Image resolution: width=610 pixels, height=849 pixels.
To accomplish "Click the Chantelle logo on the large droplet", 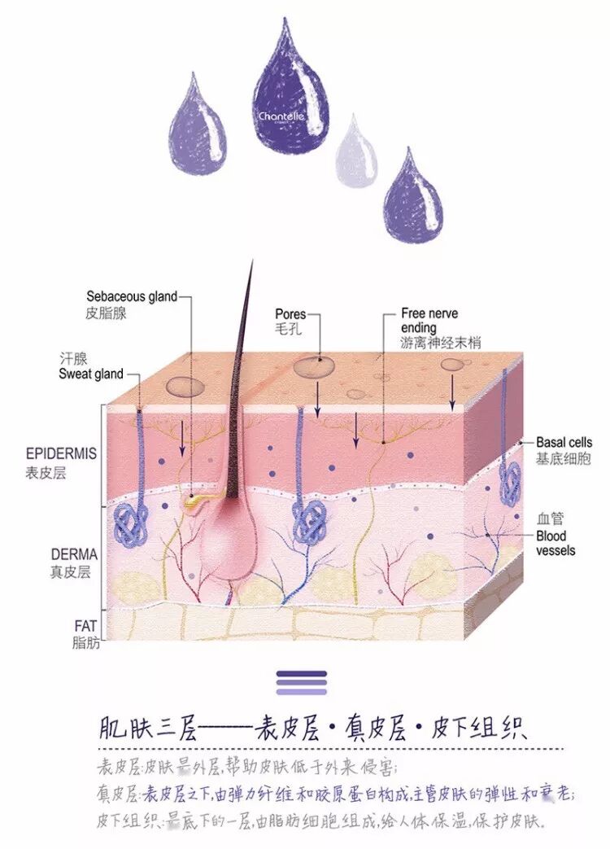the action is pos(281,116).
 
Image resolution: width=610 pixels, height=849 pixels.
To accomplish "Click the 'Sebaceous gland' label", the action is pos(131,296).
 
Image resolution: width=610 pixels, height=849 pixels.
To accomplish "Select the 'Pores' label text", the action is pos(290,313).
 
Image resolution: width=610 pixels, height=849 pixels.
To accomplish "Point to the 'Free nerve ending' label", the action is pos(429,321).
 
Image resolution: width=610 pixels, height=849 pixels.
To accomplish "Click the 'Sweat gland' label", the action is pos(91,374).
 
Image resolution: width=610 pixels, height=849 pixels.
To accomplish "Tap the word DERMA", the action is pos(72,554).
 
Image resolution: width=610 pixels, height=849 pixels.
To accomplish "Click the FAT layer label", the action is pos(85,627).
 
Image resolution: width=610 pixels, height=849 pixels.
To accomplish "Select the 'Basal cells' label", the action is pos(564,443).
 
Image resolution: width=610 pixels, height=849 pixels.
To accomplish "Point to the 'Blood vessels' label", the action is pos(556,544).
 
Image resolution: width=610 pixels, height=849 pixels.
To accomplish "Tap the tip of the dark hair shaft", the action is pos(251,262).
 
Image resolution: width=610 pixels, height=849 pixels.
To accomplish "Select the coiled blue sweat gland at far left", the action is pos(131,523).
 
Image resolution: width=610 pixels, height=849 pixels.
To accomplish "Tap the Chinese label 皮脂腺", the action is pos(106,313).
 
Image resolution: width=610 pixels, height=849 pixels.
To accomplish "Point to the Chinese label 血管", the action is pos(550,518).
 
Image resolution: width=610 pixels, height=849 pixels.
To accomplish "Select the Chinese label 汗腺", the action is pos(72,358).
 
